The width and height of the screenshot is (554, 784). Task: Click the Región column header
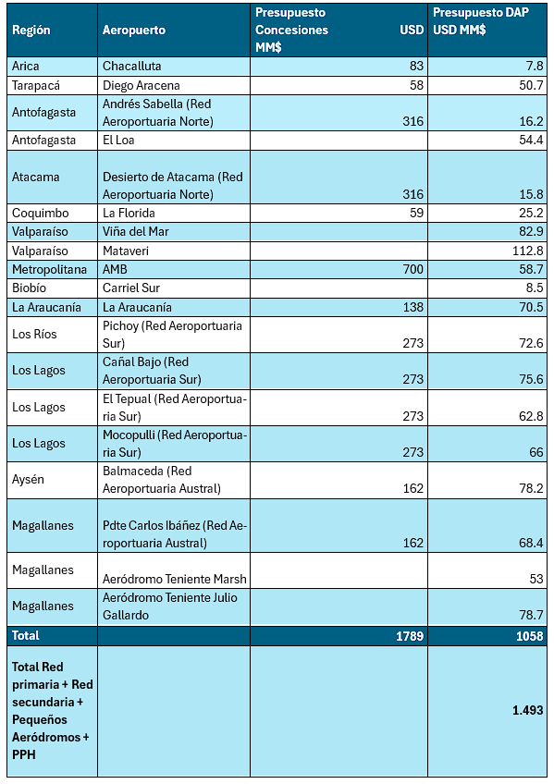tap(31, 30)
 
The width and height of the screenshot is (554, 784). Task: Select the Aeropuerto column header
tap(134, 30)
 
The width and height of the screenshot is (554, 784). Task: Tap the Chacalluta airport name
tap(132, 66)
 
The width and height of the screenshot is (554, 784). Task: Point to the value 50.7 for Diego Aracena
tap(531, 85)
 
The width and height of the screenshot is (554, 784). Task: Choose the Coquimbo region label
tap(41, 213)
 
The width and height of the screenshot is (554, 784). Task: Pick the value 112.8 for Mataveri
tap(528, 251)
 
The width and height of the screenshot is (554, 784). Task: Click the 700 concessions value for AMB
tap(413, 270)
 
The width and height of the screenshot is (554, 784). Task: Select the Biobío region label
tap(29, 288)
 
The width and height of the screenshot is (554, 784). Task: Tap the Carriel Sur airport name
tap(131, 288)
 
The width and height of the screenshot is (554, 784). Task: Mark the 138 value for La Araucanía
tap(413, 307)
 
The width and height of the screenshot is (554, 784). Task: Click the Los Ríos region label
tap(34, 334)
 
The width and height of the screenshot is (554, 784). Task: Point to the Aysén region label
tap(28, 480)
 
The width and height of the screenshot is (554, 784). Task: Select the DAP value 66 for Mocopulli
tap(536, 452)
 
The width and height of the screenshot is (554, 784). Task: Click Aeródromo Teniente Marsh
tap(175, 579)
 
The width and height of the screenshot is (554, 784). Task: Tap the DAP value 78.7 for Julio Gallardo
tap(531, 615)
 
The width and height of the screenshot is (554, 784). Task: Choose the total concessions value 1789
tap(410, 636)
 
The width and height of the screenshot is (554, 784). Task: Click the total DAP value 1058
tap(530, 636)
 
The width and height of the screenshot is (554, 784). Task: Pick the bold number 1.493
tap(527, 710)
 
